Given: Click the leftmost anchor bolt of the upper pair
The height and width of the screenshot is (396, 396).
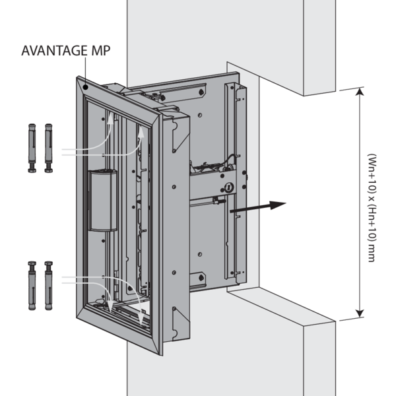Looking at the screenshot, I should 32,147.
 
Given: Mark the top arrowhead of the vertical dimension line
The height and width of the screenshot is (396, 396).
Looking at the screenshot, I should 358,92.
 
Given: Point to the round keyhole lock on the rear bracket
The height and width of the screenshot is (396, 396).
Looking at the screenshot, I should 229,187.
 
